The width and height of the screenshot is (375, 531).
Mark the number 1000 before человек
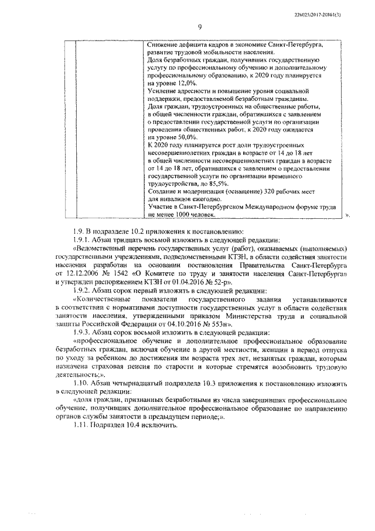pyautogui.click(x=186, y=215)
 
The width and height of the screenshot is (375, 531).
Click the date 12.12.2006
pyautogui.click(x=87, y=274)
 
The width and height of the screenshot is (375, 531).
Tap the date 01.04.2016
pyautogui.click(x=190, y=282)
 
